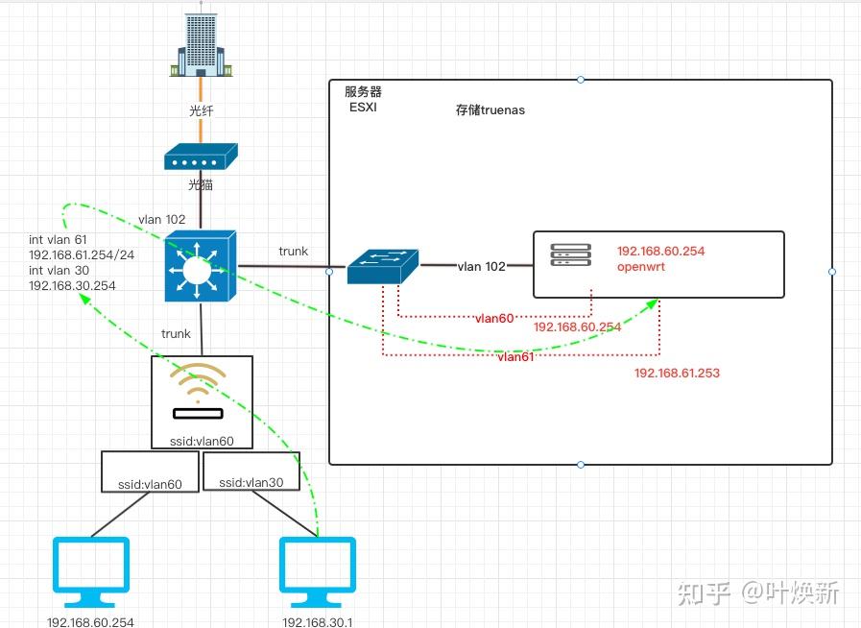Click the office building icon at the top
[201, 44]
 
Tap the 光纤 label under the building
[201, 110]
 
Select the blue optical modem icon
[201, 157]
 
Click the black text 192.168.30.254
[72, 286]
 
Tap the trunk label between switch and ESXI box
[294, 251]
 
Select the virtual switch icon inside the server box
[383, 266]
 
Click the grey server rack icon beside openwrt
[568, 255]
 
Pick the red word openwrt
[641, 267]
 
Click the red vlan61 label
[516, 356]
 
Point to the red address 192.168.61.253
[677, 373]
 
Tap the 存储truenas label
[490, 109]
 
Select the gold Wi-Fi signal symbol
[199, 382]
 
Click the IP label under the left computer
[90, 621]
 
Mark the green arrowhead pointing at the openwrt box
[653, 304]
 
